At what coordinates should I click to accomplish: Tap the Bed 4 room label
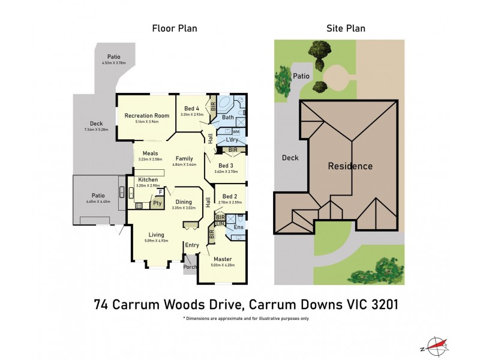(191, 108)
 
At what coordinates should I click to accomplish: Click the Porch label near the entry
(190, 267)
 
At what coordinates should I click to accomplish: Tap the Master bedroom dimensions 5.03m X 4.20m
(222, 265)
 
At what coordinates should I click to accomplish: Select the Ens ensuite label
(239, 227)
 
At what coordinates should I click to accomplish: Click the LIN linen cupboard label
(220, 223)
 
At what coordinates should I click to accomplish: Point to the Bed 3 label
(226, 165)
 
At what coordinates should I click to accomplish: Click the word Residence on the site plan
(350, 166)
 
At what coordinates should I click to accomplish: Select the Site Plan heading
(346, 28)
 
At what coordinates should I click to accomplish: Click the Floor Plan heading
(175, 28)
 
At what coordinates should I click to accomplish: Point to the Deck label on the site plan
(290, 158)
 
